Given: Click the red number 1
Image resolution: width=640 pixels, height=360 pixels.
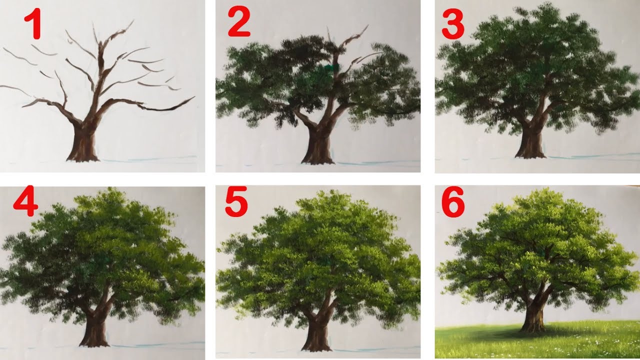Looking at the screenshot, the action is point(33,23).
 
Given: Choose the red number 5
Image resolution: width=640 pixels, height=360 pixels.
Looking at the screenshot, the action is point(236,201).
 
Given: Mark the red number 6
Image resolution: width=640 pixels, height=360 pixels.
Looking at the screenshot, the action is point(453,202).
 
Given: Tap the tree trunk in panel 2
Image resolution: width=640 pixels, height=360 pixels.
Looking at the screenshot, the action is point(317,145).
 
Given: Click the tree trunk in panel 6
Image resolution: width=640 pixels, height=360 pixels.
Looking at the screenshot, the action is point(533,314).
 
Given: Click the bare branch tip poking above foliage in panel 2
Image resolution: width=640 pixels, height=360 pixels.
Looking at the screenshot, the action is point(367,25).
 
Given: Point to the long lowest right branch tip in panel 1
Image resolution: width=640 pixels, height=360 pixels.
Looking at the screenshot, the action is point(194,97).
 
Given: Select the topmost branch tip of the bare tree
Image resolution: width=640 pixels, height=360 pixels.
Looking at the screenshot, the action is point(133,21).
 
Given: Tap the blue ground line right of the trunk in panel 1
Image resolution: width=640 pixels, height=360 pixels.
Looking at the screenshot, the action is point(148,158).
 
